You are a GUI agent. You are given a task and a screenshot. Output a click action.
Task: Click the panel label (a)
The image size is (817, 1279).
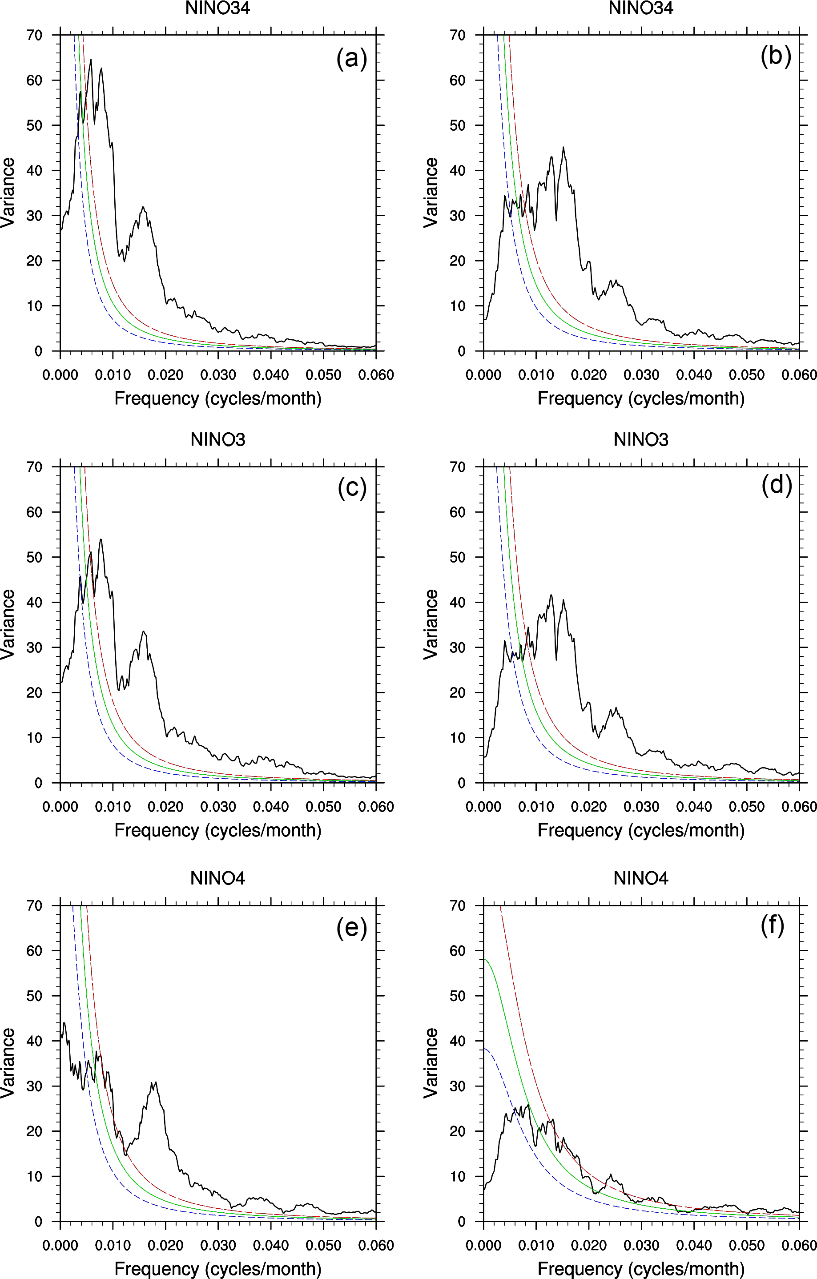(x=352, y=58)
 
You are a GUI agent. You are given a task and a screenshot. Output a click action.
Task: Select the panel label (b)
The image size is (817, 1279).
(x=776, y=56)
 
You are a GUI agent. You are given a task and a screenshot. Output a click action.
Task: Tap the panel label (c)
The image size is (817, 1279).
(x=352, y=487)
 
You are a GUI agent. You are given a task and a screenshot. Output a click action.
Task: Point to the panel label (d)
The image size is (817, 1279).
(x=776, y=485)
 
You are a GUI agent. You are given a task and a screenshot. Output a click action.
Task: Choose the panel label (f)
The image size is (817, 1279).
(x=773, y=925)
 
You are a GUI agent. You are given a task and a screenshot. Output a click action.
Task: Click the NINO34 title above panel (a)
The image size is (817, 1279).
(x=218, y=8)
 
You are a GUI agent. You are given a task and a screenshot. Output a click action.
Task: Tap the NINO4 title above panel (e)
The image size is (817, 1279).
(x=218, y=878)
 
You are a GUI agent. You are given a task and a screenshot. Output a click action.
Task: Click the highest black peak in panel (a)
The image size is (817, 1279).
(x=91, y=60)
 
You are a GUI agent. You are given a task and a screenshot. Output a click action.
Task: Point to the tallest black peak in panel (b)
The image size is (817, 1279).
(x=563, y=148)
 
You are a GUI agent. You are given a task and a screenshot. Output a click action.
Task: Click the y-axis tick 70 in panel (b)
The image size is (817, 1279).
(x=457, y=36)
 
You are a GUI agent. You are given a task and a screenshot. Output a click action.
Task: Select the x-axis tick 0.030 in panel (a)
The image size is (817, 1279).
(x=218, y=375)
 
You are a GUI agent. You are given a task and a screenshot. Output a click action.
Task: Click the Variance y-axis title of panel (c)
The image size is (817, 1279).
(x=8, y=624)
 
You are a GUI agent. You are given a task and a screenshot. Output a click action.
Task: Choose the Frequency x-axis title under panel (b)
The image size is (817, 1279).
(x=640, y=398)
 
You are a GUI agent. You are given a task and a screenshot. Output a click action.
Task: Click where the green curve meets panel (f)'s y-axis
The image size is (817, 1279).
(x=484, y=959)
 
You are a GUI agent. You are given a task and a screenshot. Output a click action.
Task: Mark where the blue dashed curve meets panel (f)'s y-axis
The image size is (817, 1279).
(x=484, y=1049)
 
